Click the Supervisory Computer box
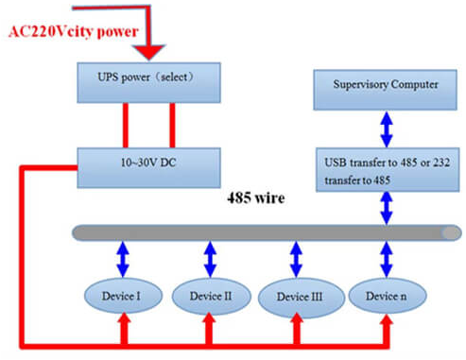pos(385,85)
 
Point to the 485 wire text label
pos(257,200)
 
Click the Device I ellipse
pos(122,295)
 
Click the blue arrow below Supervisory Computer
pos(385,123)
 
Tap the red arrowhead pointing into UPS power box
pos(149,52)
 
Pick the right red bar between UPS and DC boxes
pos(171,124)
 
